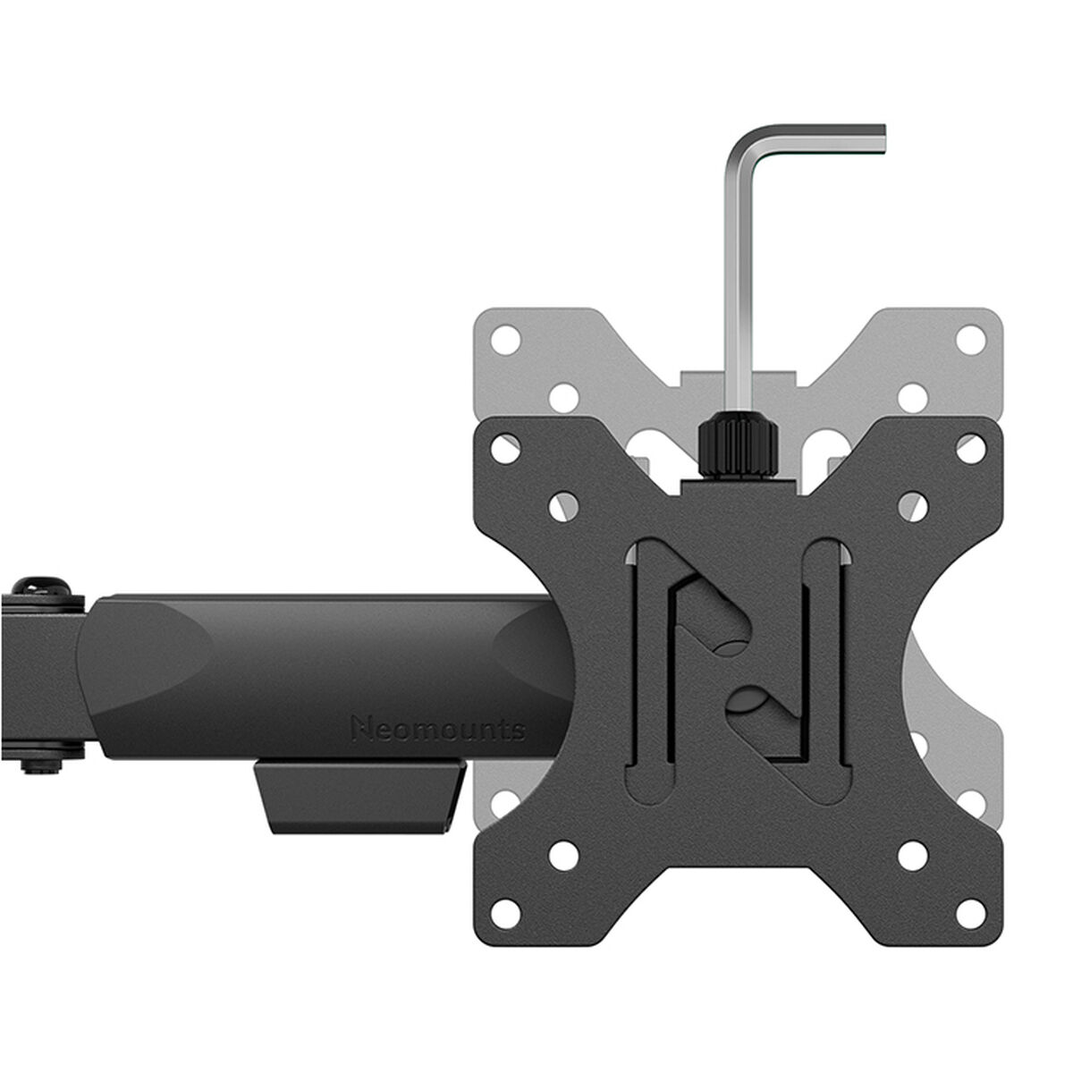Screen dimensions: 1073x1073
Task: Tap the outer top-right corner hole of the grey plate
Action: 967,339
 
